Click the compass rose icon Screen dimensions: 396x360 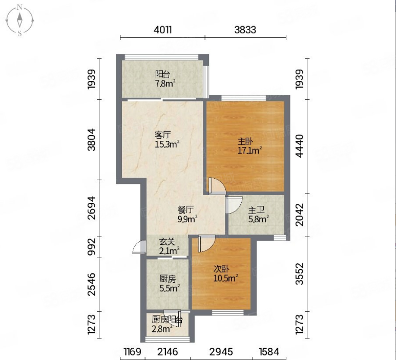coord(19,20)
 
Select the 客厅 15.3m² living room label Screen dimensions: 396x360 coord(167,140)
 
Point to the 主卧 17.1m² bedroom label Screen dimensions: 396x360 coord(249,146)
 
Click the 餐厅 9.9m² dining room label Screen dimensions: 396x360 coord(187,215)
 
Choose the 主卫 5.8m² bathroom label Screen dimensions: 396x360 coord(258,215)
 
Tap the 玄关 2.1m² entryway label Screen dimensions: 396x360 coord(169,247)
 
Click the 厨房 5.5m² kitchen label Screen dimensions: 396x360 coord(170,283)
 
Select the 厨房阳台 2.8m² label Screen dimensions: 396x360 coord(167,324)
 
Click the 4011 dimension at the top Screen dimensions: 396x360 coord(162,30)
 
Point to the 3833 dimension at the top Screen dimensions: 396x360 coord(245,30)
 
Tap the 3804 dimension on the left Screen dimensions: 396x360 coord(91,140)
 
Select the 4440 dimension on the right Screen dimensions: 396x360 coord(299,146)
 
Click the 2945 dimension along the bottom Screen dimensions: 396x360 coord(221,352)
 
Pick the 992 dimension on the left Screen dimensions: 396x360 coord(91,246)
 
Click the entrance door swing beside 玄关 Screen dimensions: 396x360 coord(139,247)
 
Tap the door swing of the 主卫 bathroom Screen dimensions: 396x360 coord(234,205)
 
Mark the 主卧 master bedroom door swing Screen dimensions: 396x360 coord(217,186)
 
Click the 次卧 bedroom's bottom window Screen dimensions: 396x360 coord(228,312)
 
